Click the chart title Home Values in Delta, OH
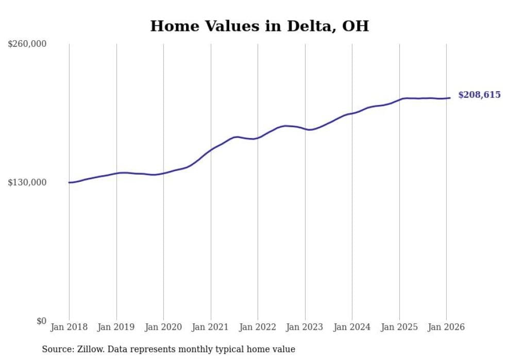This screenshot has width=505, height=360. [x=259, y=26]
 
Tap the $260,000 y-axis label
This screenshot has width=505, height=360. [x=27, y=44]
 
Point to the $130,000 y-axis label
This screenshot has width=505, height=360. [x=27, y=183]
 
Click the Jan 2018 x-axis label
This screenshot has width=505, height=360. [x=69, y=327]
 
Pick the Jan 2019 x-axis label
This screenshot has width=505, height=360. [x=116, y=327]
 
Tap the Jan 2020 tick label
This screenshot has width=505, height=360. [x=163, y=327]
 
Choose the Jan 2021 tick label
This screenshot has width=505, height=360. [x=211, y=327]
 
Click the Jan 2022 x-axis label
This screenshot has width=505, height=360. [x=258, y=327]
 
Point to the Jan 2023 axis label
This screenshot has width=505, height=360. [x=305, y=327]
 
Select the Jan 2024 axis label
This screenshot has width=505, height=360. [x=352, y=327]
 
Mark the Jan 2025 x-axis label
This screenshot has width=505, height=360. [x=399, y=327]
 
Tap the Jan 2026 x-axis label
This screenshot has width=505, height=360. [x=446, y=327]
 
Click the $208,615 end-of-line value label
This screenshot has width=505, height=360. [x=479, y=95]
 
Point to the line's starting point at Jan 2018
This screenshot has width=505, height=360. [x=69, y=182]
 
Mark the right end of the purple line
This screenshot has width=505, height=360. [x=450, y=98]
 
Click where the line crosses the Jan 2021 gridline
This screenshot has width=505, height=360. [x=211, y=150]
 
